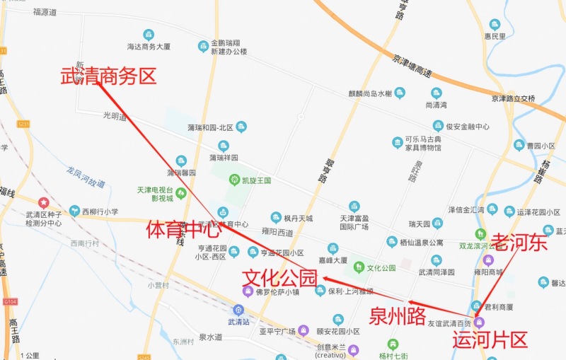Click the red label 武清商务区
[108, 76]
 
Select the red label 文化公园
[279, 277]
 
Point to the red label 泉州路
[398, 316]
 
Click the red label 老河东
[519, 243]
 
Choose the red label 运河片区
[490, 339]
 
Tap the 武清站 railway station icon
[238, 309]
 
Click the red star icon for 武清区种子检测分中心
[43, 202]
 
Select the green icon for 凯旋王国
[233, 180]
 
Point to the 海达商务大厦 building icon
[149, 34]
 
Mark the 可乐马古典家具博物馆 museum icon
[398, 143]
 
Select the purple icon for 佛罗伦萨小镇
[248, 291]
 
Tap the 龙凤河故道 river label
[86, 177]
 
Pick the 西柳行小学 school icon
[74, 211]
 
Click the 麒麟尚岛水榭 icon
[400, 93]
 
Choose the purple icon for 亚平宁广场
[304, 330]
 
